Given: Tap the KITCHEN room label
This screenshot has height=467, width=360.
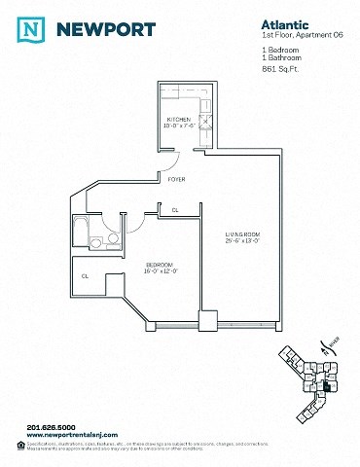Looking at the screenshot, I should click(180, 119).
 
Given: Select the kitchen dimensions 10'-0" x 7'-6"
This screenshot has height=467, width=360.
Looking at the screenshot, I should click(181, 126).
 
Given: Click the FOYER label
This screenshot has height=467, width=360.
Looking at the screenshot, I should click(176, 180).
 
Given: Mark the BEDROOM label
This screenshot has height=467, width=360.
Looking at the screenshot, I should click(161, 264).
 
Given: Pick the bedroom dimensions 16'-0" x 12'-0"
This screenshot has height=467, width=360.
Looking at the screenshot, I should click(161, 270).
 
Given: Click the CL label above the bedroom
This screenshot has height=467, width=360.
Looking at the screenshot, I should click(175, 210).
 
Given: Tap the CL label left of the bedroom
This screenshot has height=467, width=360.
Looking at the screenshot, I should click(86, 276).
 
